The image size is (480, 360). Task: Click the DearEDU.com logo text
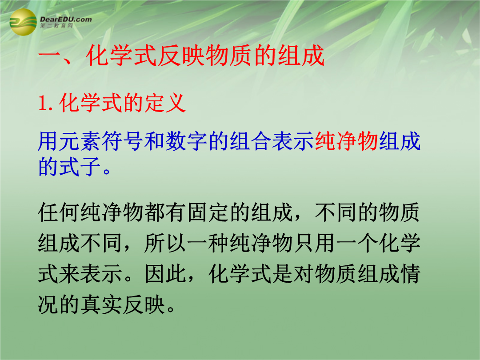pyautogui.click(x=66, y=19)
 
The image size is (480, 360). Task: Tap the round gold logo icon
pyautogui.click(x=23, y=22)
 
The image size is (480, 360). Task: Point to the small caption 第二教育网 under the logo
pyautogui.click(x=56, y=26)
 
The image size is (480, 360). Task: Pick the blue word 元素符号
pyautogui.click(x=102, y=141)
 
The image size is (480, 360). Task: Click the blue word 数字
pyautogui.click(x=187, y=141)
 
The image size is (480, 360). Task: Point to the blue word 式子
pyautogui.click(x=80, y=167)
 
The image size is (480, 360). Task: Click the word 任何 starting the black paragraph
pyautogui.click(x=59, y=212)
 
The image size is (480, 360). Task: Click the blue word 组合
pyautogui.click(x=250, y=141)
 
